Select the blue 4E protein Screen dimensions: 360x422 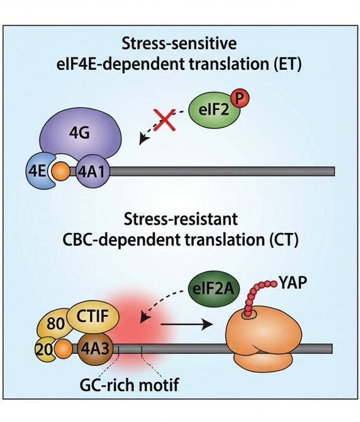38,171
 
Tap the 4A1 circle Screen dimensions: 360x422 91,171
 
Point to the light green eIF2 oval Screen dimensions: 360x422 214,111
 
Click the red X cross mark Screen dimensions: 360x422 164,120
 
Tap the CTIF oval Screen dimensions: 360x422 93,316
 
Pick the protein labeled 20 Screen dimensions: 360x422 44,350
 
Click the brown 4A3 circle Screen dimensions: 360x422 95,349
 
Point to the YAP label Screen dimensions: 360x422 293,283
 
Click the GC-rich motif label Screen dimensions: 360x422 129,385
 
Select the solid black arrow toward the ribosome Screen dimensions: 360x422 186,324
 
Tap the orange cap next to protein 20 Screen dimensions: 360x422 63,349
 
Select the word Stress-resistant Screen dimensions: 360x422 181,219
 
